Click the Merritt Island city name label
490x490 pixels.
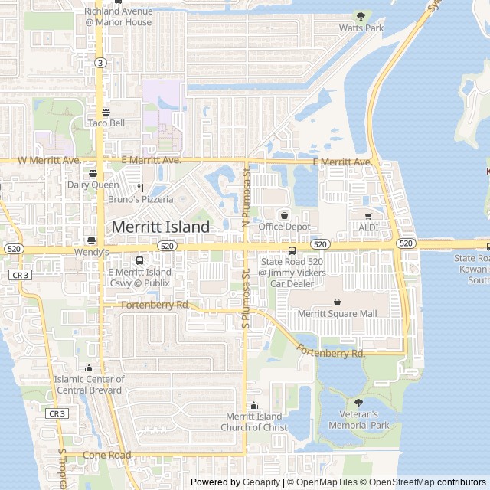pyautogui.click(x=161, y=227)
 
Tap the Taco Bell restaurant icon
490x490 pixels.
pyautogui.click(x=106, y=112)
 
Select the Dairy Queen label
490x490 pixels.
pyautogui.click(x=93, y=185)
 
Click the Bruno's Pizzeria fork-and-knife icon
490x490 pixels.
pyautogui.click(x=140, y=188)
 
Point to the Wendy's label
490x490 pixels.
pyautogui.click(x=92, y=252)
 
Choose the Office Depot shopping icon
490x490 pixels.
pyautogui.click(x=285, y=215)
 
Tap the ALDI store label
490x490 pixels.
pyautogui.click(x=368, y=227)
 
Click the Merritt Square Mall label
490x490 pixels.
pyautogui.click(x=338, y=313)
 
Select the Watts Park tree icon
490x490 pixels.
pyautogui.click(x=361, y=16)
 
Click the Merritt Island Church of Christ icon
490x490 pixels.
pyautogui.click(x=254, y=406)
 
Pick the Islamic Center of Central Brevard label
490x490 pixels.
pyautogui.click(x=90, y=384)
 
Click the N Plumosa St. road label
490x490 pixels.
pyautogui.click(x=246, y=198)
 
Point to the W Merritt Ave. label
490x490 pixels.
pyautogui.click(x=49, y=161)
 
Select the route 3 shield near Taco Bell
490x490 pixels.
pyautogui.click(x=101, y=63)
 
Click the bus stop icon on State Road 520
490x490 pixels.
pyautogui.click(x=292, y=250)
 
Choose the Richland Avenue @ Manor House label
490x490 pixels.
pyautogui.click(x=119, y=17)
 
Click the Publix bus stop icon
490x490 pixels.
pyautogui.click(x=139, y=261)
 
